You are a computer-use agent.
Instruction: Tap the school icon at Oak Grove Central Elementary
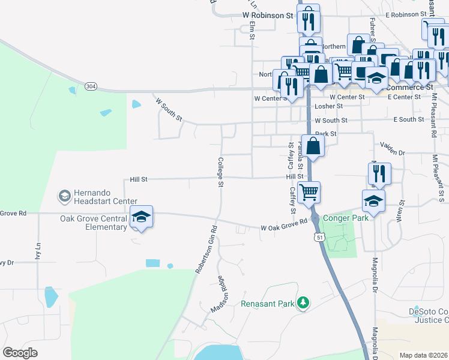pyautogui.click(x=142, y=217)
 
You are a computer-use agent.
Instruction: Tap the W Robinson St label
pyautogui.click(x=267, y=14)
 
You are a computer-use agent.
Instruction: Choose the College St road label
pyautogui.click(x=220, y=172)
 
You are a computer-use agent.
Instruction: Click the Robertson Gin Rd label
pyautogui.click(x=205, y=250)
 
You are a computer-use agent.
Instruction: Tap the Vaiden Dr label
pyautogui.click(x=393, y=145)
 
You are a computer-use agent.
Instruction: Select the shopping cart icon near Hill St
pyautogui.click(x=309, y=193)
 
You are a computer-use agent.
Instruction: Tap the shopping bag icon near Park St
pyautogui.click(x=313, y=146)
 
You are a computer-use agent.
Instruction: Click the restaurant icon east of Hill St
pyautogui.click(x=379, y=173)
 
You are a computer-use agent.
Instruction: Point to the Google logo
pyautogui.click(x=20, y=353)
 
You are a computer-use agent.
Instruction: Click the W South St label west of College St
pyautogui.click(x=169, y=109)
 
